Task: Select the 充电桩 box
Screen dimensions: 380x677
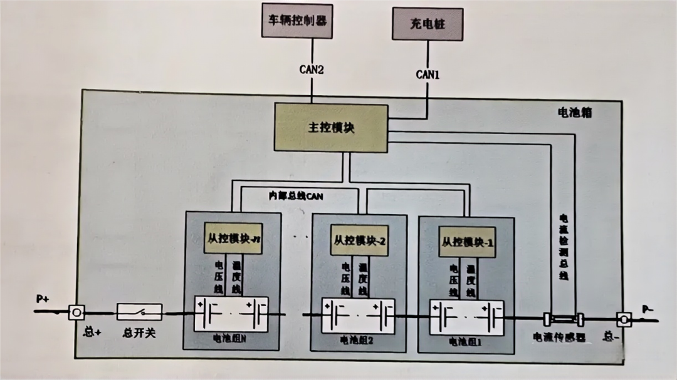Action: click(x=427, y=24)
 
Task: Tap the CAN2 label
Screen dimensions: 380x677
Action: click(x=312, y=69)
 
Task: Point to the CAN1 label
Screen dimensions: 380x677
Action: click(x=428, y=74)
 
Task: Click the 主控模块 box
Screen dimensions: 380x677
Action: click(x=331, y=127)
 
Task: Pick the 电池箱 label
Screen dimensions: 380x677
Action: click(x=575, y=113)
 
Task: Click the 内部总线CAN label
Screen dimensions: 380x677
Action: click(x=296, y=196)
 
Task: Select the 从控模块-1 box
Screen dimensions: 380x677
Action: click(x=467, y=242)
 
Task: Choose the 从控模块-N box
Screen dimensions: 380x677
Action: click(x=233, y=239)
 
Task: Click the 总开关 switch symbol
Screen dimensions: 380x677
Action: click(x=139, y=312)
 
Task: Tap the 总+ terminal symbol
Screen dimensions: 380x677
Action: click(x=76, y=312)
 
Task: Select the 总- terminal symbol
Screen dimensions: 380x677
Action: click(x=624, y=319)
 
